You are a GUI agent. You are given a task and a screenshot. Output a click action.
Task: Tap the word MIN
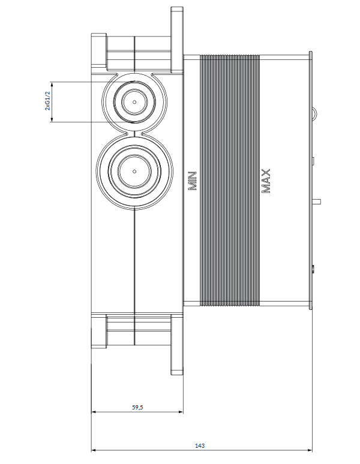click(193, 180)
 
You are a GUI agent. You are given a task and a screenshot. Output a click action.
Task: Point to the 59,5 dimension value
click(137, 407)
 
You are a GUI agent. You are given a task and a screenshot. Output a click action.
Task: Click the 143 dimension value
click(200, 445)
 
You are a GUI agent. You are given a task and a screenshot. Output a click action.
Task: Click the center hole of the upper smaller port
click(135, 102)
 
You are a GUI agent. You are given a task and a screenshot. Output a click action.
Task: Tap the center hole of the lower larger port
click(134, 171)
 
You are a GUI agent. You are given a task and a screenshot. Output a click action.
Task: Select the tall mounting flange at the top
click(177, 39)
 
